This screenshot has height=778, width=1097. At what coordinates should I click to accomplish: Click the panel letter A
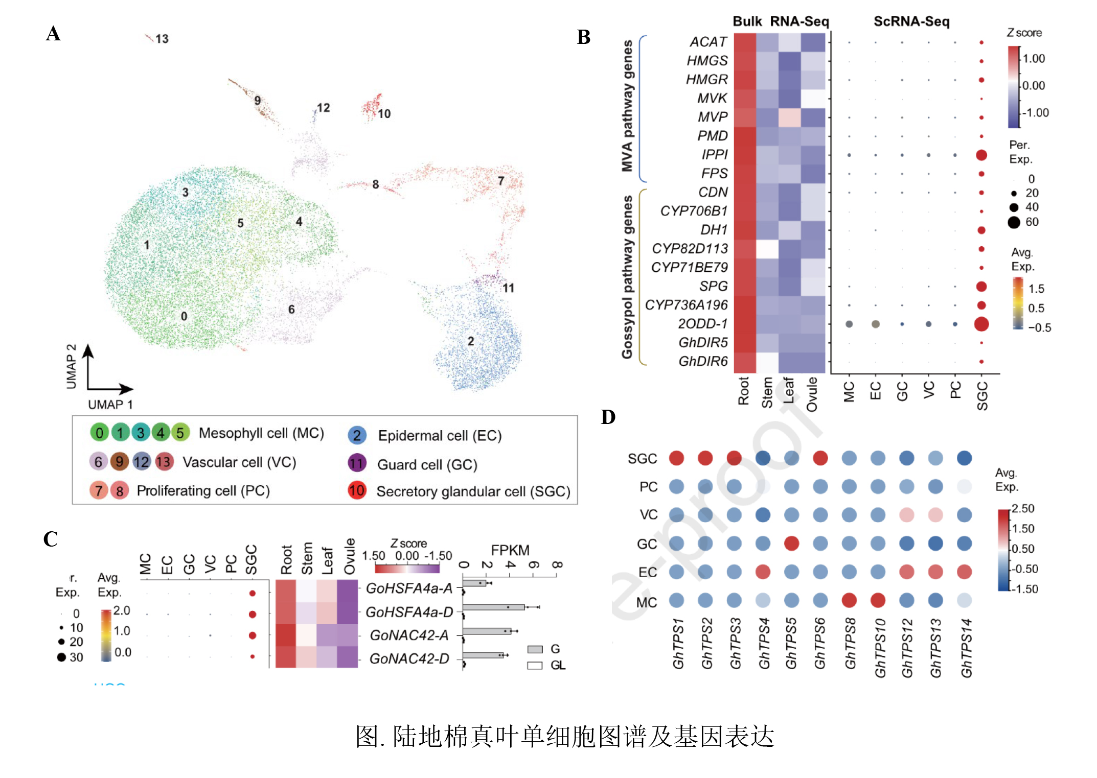tap(53, 34)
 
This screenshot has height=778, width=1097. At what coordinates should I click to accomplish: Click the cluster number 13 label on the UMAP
tap(162, 39)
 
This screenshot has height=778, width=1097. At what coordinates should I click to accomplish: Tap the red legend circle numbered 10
tap(357, 490)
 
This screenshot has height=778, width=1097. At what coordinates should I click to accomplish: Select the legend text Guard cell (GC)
tap(427, 464)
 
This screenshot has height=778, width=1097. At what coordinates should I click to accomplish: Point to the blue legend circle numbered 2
tap(357, 435)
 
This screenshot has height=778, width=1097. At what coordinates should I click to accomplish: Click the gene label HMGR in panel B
tap(706, 80)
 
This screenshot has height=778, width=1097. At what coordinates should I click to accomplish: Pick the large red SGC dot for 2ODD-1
tap(981, 324)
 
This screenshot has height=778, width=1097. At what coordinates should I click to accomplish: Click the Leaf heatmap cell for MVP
tap(789, 117)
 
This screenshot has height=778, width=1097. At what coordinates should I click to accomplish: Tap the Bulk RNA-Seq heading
tap(781, 21)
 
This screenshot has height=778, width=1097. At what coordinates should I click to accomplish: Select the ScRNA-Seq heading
tap(911, 21)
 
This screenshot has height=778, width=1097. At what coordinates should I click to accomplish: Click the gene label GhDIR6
tap(703, 362)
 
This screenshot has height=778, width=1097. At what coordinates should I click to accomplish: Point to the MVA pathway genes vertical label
tap(627, 106)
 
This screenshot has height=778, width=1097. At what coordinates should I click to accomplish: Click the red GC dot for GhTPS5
tap(791, 544)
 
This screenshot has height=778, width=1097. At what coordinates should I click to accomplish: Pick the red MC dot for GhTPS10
tap(878, 600)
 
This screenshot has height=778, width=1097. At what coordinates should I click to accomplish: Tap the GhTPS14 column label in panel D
tap(966, 648)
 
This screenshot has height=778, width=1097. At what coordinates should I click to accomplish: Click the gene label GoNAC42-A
tap(409, 635)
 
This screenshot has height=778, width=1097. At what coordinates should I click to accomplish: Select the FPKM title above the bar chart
tap(510, 550)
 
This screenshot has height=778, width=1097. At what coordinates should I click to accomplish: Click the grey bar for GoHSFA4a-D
tap(493, 607)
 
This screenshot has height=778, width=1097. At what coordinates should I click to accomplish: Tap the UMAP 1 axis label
tap(110, 405)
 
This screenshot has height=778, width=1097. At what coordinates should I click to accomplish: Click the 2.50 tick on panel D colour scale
tap(1023, 508)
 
